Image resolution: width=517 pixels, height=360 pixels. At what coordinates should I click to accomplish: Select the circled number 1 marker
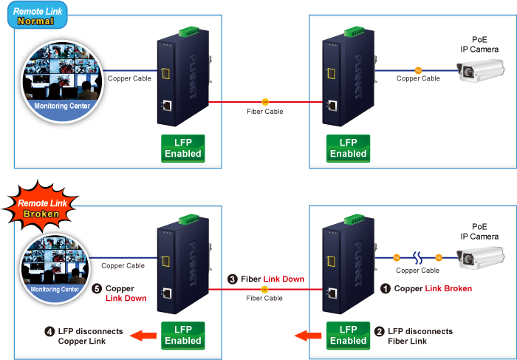pyautogui.click(x=385, y=288)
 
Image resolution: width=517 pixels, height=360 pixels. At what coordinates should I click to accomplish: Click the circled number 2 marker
pyautogui.click(x=378, y=332)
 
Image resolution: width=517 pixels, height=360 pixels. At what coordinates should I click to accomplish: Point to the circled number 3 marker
pyautogui.click(x=233, y=279)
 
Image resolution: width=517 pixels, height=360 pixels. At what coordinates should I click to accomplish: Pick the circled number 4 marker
pyautogui.click(x=49, y=332)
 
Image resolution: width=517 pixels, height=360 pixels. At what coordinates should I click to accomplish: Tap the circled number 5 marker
pyautogui.click(x=96, y=288)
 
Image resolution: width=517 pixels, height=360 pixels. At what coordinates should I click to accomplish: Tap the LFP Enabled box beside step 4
pyautogui.click(x=182, y=335)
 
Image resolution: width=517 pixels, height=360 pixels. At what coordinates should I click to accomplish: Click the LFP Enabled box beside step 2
pyautogui.click(x=348, y=335)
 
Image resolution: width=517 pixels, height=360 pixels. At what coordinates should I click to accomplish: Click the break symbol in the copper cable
pyautogui.click(x=417, y=257)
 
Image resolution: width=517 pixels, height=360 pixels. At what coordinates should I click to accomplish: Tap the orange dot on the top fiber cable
pyautogui.click(x=265, y=101)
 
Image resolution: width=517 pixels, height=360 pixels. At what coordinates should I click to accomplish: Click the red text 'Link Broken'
pyautogui.click(x=448, y=288)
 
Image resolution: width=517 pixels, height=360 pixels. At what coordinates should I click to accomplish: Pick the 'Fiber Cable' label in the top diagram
pyautogui.click(x=265, y=112)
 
